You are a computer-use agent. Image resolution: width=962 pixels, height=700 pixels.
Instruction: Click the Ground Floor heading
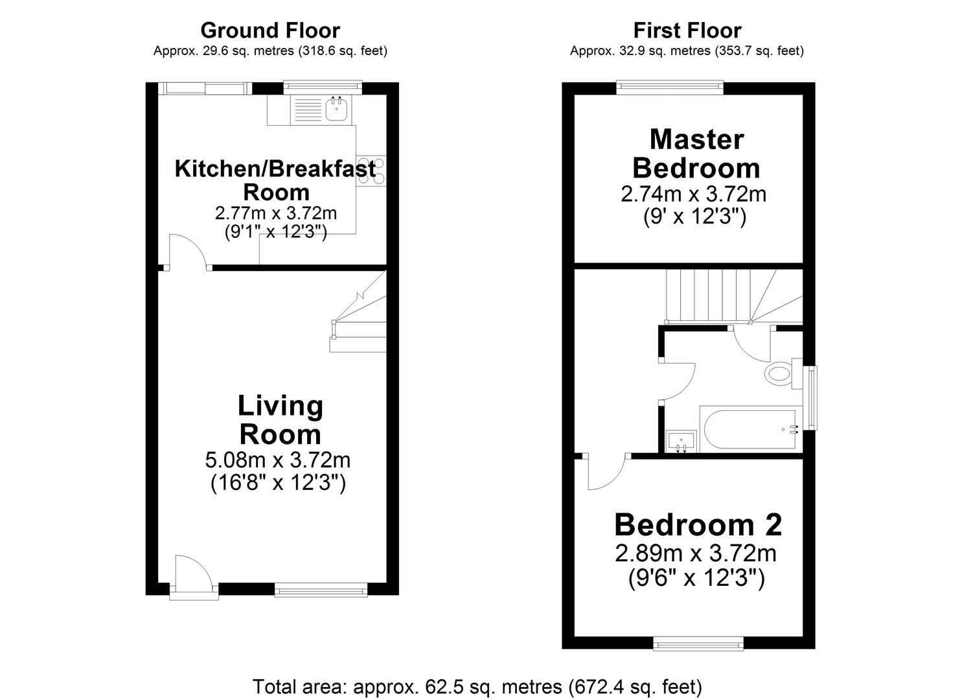coord(269,30)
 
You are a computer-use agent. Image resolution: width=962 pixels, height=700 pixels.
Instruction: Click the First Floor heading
coord(687,30)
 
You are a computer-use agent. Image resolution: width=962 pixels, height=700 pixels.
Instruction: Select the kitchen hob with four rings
coord(371,172)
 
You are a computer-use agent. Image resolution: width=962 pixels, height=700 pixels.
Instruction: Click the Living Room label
coord(280,420)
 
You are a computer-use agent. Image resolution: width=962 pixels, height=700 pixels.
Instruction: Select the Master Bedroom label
coord(696,154)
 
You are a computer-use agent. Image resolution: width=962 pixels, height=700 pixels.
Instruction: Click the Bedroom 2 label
coord(698,524)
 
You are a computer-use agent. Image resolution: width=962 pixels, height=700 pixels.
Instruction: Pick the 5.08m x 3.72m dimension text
coord(278,460)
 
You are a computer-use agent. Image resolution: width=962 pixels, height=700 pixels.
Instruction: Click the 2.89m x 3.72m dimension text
coord(695,554)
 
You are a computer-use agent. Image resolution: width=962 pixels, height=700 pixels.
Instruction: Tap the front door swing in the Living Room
coord(191,573)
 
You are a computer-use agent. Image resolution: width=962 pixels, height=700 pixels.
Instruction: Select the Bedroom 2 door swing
coord(606,472)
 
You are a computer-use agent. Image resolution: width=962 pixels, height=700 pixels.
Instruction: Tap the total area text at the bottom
coord(477,686)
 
